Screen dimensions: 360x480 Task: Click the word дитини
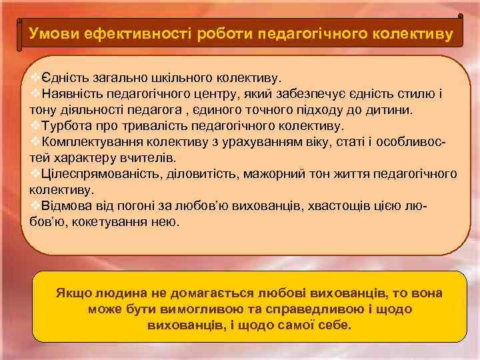click(394, 109)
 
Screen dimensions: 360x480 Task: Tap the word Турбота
click(66, 125)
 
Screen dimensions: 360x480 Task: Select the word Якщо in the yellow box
click(71, 294)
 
